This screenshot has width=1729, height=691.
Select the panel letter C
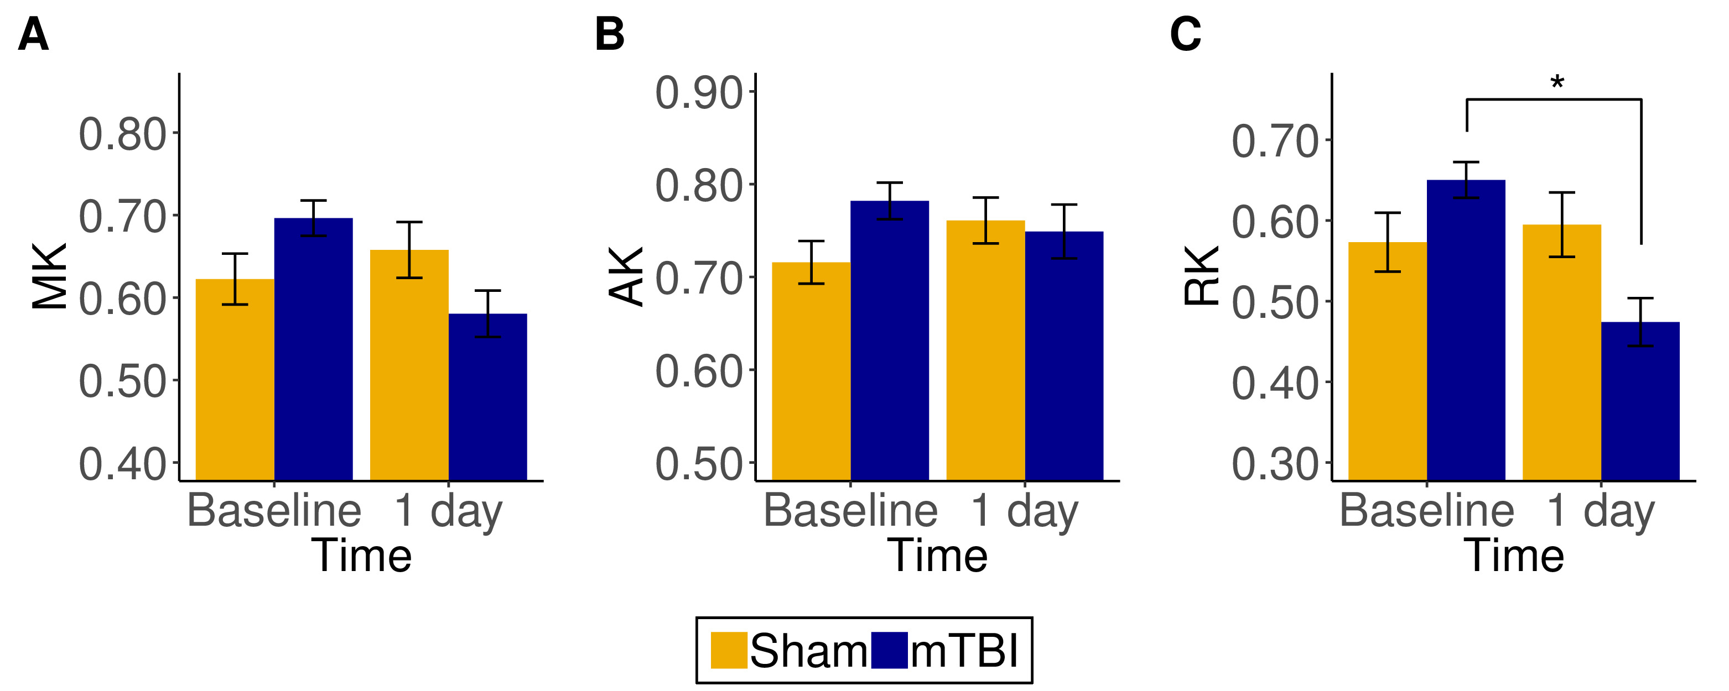coord(1185,34)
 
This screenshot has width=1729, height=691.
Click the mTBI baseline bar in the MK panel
coord(314,349)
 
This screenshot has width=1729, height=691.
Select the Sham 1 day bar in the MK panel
coord(409,365)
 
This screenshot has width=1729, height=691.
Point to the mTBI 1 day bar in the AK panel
coord(1064,355)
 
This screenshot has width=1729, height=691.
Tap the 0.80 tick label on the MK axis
coord(122,134)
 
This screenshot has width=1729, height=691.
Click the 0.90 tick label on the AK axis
coord(699,93)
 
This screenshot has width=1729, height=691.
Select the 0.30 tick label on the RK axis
coord(1275,464)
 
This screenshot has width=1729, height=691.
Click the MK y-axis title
coord(50,276)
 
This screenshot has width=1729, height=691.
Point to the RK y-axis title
coord(1201,276)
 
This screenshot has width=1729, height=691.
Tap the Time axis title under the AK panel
coord(938,556)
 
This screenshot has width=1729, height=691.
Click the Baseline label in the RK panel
coord(1427,511)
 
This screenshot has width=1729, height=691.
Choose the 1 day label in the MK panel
coord(448,512)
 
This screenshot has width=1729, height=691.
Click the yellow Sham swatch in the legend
coord(728,650)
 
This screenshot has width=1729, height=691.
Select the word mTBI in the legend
coord(964,651)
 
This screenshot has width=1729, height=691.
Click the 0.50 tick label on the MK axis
coord(122,382)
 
